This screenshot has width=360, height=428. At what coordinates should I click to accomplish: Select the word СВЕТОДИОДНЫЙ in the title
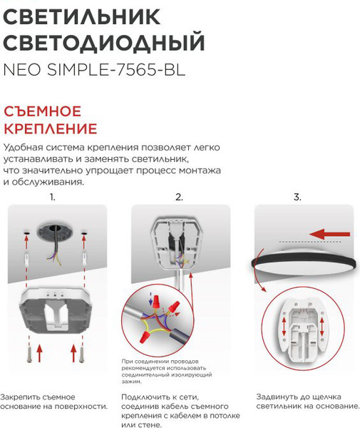click(104, 44)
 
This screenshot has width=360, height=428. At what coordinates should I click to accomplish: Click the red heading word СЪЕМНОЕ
click(43, 112)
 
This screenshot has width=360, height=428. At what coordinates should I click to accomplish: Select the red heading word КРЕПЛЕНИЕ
click(50, 130)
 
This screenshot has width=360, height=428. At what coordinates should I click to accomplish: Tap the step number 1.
click(52, 196)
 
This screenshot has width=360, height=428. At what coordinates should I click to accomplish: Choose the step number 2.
click(179, 196)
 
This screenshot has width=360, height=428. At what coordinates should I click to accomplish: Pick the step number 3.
click(297, 196)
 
